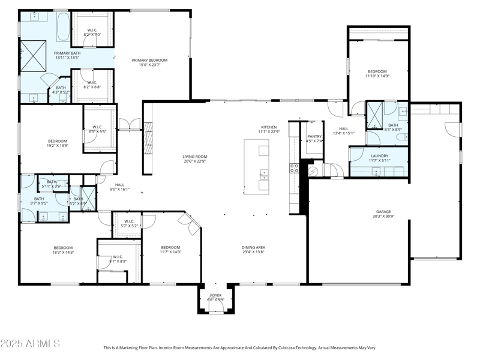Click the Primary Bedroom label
point(149,60)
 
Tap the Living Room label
point(195,157)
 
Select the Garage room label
point(383,211)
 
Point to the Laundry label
point(379,155)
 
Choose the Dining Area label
point(254,247)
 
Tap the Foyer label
point(215,295)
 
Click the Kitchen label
point(268,127)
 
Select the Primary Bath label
point(68,53)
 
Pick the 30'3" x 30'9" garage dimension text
point(383,216)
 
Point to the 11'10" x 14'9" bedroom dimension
point(377,76)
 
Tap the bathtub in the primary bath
point(63,26)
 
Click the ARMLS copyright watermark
point(30,344)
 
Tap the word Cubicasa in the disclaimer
point(317,347)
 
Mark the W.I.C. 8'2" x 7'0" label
point(92,32)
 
